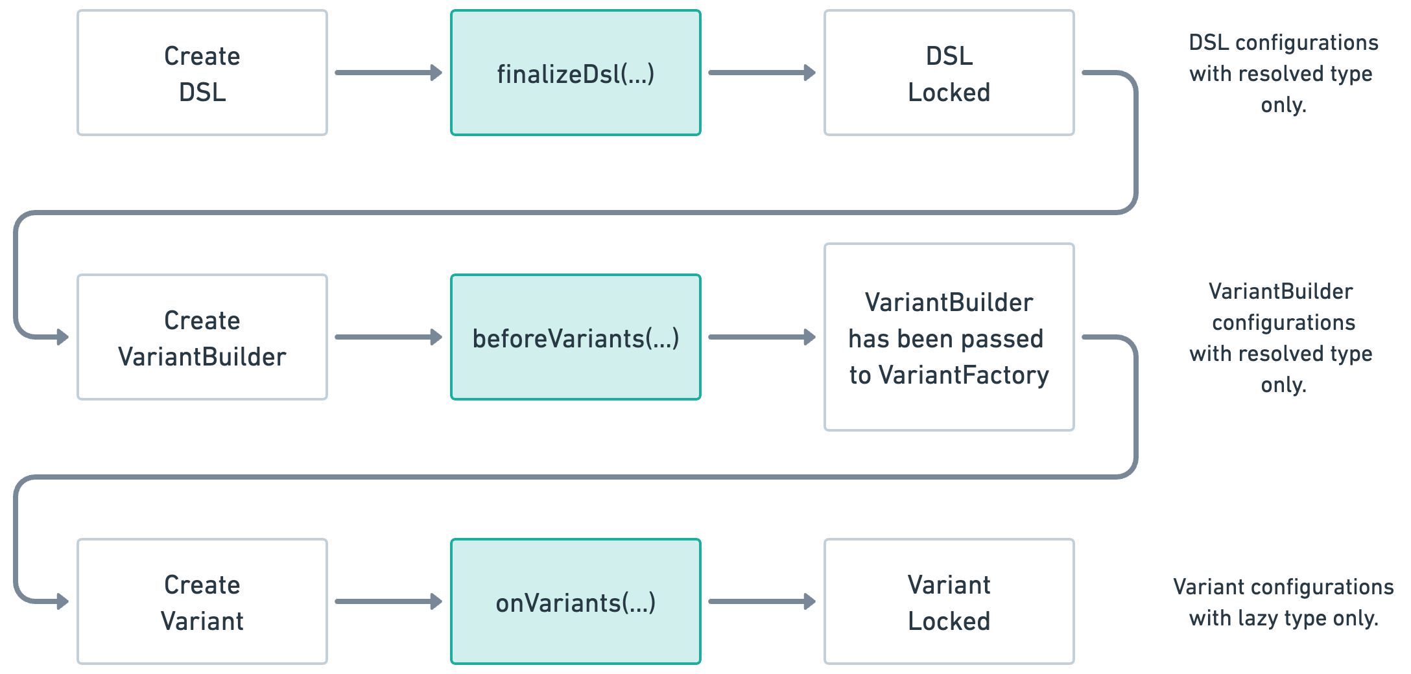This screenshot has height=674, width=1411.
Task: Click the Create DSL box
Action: coord(202,73)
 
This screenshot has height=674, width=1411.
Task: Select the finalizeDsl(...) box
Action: coord(575,73)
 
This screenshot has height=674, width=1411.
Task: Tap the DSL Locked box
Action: coord(949,73)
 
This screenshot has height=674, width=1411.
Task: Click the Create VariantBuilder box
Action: coord(202,337)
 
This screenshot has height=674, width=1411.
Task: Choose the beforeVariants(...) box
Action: coord(575,337)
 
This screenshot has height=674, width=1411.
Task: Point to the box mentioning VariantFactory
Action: coord(949,337)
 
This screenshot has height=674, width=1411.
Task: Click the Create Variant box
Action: coord(202,601)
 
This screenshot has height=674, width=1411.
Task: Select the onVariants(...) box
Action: coord(575,601)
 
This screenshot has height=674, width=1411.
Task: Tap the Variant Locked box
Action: coord(949,601)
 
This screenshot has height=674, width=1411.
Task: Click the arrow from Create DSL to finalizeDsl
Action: coord(388,73)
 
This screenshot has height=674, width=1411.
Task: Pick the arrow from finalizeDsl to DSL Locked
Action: coord(761,73)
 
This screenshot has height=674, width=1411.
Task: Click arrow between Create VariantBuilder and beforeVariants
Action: coord(388,337)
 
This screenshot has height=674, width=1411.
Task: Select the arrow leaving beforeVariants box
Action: coord(761,337)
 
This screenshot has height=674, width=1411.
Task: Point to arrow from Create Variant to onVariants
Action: coord(388,601)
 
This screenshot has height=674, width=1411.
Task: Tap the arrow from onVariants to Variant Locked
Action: coord(761,601)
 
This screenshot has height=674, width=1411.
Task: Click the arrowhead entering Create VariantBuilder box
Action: coord(62,337)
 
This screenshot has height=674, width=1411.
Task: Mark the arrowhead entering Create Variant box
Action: coord(62,601)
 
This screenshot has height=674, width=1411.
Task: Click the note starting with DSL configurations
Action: coord(1283,73)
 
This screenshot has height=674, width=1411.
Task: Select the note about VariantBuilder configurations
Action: coord(1282,338)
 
